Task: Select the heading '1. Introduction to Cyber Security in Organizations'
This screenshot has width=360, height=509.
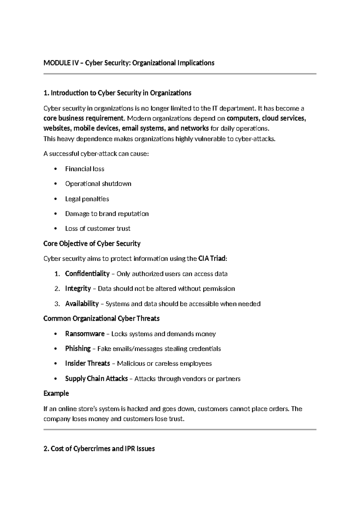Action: pyautogui.click(x=117, y=93)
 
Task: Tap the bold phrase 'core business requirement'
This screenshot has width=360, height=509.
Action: pyautogui.click(x=84, y=118)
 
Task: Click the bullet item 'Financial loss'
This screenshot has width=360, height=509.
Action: pyautogui.click(x=85, y=169)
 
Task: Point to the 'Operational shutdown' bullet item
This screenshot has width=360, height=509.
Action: pyautogui.click(x=98, y=184)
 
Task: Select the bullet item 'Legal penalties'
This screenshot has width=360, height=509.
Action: pyautogui.click(x=87, y=199)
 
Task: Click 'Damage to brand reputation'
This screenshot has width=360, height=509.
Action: pyautogui.click(x=107, y=214)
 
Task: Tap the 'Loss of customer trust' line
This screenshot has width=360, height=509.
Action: pyautogui.click(x=97, y=229)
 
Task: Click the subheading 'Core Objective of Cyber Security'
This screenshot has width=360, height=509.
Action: pyautogui.click(x=92, y=244)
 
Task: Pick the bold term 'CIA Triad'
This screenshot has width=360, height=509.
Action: pyautogui.click(x=212, y=259)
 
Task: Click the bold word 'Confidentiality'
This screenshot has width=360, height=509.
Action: pyautogui.click(x=87, y=274)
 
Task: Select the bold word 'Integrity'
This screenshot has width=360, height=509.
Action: pyautogui.click(x=78, y=289)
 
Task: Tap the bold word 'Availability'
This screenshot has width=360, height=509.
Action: pyautogui.click(x=82, y=304)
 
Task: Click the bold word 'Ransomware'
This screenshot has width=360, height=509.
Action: pyautogui.click(x=85, y=334)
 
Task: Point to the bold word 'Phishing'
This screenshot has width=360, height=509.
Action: pyautogui.click(x=78, y=349)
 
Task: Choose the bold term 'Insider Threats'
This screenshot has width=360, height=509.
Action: pyautogui.click(x=87, y=363)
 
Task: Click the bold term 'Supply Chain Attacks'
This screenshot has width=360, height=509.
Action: pyautogui.click(x=96, y=379)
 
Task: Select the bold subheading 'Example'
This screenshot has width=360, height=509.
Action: pyautogui.click(x=56, y=393)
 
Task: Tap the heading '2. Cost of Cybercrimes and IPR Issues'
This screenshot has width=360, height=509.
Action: pyautogui.click(x=99, y=449)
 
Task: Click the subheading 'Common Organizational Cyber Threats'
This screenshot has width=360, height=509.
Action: pyautogui.click(x=101, y=319)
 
